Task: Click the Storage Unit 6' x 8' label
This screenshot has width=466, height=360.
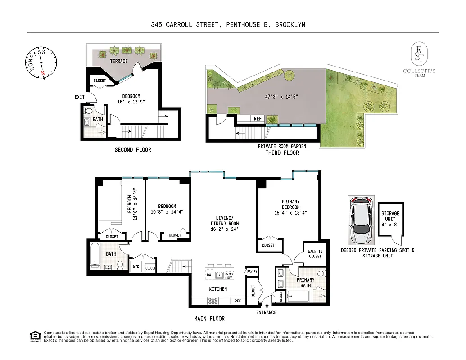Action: pos(390,219)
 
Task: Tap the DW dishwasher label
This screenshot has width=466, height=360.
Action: pos(208,274)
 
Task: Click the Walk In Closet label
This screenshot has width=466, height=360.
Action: pos(315,254)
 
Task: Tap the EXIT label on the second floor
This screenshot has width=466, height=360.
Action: pos(80,97)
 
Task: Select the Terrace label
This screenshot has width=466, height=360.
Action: pos(119,61)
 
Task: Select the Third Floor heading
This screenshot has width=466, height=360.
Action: pos(282,153)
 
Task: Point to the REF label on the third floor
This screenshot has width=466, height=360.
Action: pos(258,119)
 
